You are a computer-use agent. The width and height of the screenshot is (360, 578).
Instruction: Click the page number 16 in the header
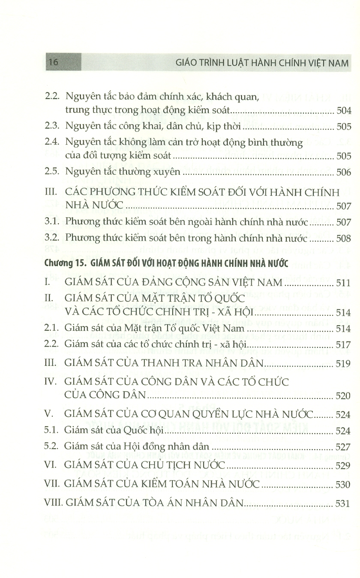pyautogui.click(x=53, y=62)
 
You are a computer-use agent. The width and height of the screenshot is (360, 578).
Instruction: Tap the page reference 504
pyautogui.click(x=344, y=111)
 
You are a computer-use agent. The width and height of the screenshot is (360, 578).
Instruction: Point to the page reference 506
pyautogui.click(x=344, y=172)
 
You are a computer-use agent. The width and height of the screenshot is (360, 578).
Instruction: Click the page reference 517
pyautogui.click(x=344, y=345)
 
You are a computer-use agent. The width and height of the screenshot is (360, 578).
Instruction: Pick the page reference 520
pyautogui.click(x=344, y=395)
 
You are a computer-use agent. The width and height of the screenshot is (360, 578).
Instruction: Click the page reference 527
pyautogui.click(x=344, y=446)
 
